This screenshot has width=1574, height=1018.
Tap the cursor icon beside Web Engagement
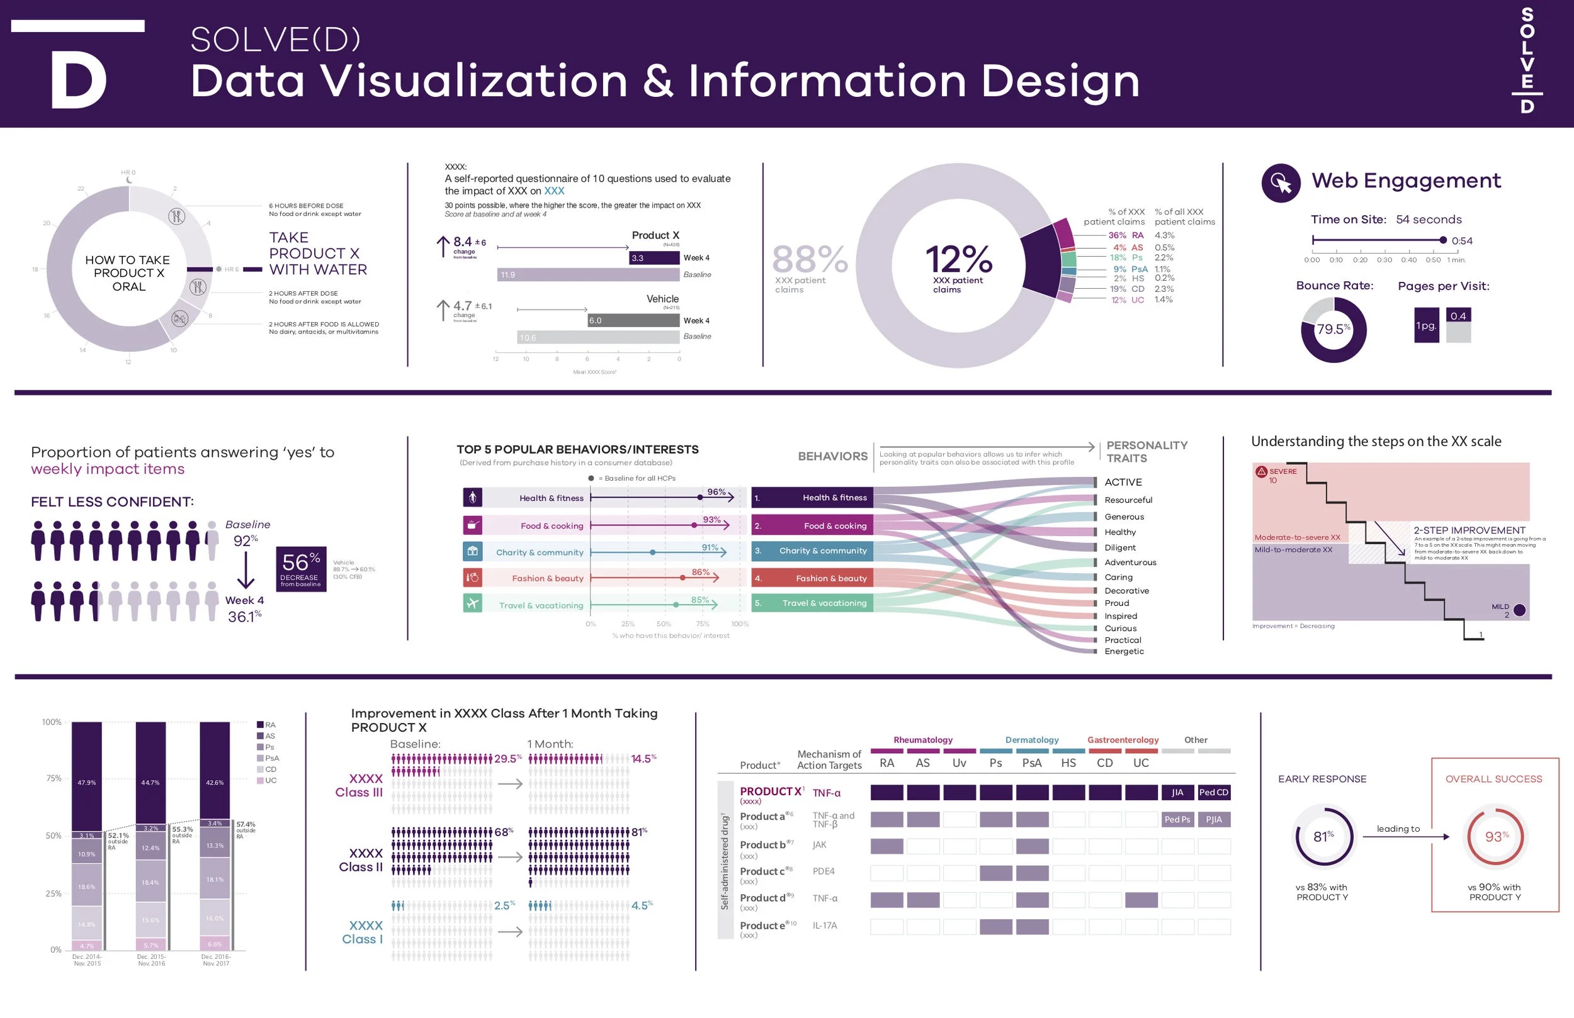pos(1281,182)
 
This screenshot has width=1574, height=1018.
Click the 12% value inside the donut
pos(958,259)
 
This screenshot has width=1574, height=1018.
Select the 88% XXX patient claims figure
pos(810,259)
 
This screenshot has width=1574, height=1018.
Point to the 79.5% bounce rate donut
pos(1333,329)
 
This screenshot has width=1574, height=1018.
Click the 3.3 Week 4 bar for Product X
pos(654,258)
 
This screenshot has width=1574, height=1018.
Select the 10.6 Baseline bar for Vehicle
pos(597,337)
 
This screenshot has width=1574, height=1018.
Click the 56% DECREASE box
pos(301,569)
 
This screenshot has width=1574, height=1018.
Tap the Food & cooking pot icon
pos(472,525)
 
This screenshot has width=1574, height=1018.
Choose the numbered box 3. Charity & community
pos(812,551)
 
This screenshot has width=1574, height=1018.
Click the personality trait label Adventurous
pos(1130,562)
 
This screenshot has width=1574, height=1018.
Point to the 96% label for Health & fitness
pos(716,492)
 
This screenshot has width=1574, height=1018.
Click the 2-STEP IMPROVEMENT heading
pos(1469,530)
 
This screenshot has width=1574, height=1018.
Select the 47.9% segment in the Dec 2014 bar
pos(87,782)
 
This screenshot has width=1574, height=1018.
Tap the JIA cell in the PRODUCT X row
pos(1177,792)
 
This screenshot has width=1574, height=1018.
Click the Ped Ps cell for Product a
pos(1177,819)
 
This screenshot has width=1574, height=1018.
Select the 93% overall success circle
pos(1495,837)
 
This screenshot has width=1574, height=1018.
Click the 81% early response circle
pos(1323,837)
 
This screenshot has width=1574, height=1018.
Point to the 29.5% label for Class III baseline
pos(507,759)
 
